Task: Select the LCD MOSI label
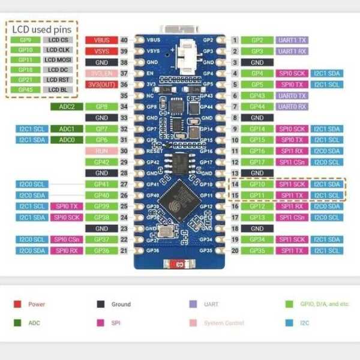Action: (x=58, y=59)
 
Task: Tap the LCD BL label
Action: (x=58, y=90)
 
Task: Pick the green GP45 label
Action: (x=25, y=90)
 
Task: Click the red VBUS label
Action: (x=101, y=40)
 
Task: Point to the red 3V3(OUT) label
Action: (x=101, y=85)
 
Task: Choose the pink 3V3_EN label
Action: (x=101, y=73)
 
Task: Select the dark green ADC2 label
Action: (x=67, y=107)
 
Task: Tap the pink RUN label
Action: (x=101, y=151)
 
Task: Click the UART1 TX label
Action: (x=292, y=40)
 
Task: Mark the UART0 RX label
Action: (x=292, y=107)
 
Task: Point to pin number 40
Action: (x=124, y=40)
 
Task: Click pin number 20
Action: (x=235, y=251)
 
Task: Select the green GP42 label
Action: (x=101, y=162)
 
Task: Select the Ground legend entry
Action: (x=121, y=304)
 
